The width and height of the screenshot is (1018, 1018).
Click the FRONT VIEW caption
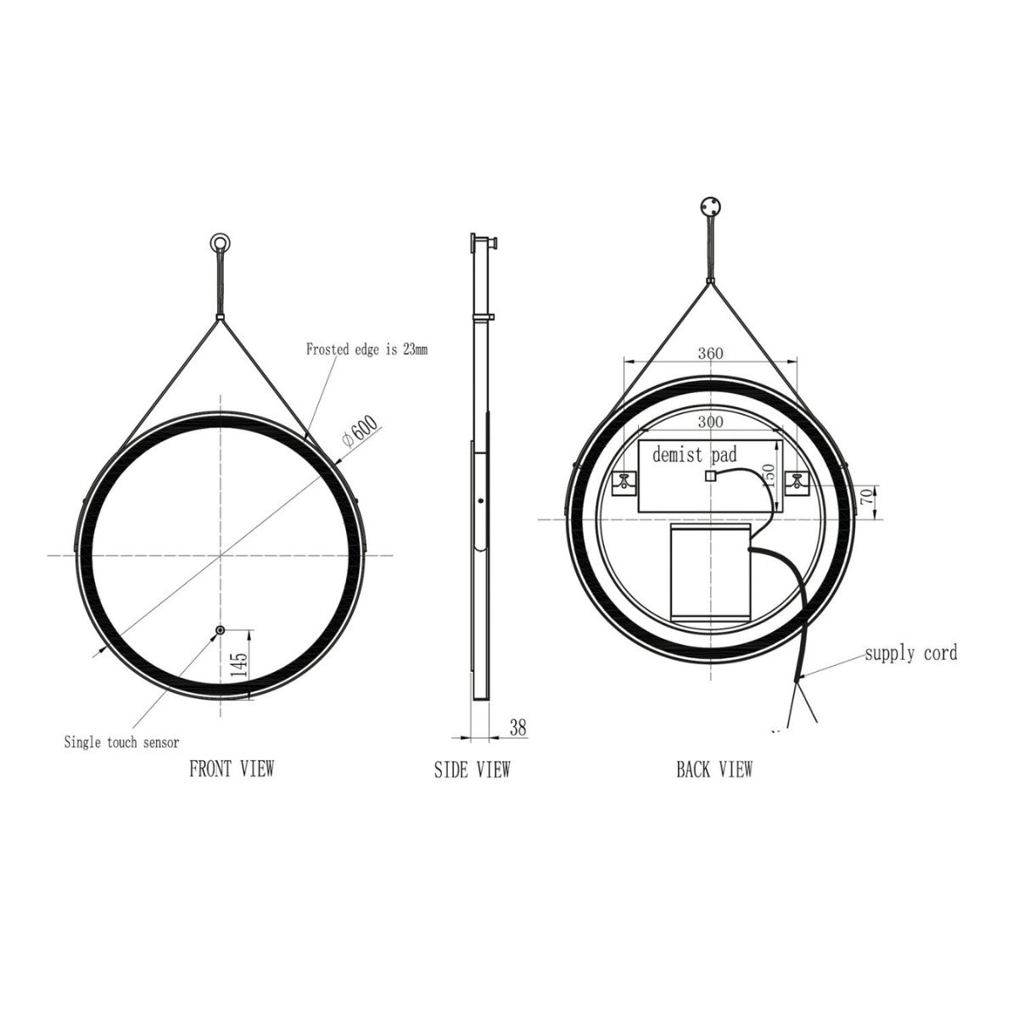[x=232, y=769]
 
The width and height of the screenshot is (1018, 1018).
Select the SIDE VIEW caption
[x=472, y=769]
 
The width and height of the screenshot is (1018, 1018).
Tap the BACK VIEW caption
[x=713, y=769]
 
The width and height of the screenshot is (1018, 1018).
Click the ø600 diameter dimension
[x=360, y=433]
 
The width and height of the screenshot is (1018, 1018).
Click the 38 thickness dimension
[x=517, y=727]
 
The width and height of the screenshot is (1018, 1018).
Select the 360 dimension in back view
[x=710, y=354]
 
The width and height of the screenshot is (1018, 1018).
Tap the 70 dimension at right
[x=867, y=497]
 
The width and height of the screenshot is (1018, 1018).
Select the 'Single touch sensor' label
[x=121, y=742]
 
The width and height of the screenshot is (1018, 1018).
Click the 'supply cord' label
[x=910, y=652]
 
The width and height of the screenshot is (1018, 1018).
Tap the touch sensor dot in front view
[x=221, y=630]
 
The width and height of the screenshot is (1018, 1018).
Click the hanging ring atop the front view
[x=221, y=243]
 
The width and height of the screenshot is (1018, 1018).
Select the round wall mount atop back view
[x=709, y=206]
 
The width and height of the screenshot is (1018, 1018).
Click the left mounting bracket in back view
[x=625, y=482]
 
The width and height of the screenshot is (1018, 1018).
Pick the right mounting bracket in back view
[x=797, y=482]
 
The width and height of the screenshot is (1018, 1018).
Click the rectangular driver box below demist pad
[x=710, y=572]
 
